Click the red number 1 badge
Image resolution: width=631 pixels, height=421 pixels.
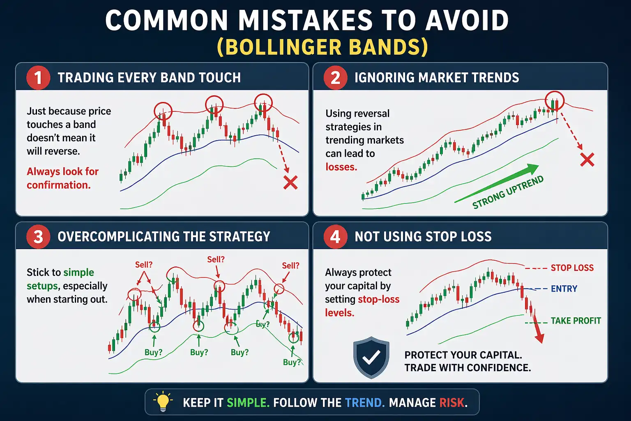(x=38, y=78)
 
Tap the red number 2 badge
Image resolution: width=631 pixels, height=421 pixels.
(x=335, y=78)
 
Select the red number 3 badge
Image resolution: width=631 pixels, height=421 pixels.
(x=38, y=237)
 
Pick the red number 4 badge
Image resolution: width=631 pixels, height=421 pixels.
(x=335, y=237)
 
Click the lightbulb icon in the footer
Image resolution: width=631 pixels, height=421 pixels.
(x=163, y=402)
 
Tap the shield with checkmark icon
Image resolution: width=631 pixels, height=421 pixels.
(x=371, y=357)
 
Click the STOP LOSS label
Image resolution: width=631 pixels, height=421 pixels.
(x=572, y=268)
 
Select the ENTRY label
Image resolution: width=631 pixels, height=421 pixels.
(x=564, y=289)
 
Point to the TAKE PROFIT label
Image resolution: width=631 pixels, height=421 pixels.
(x=576, y=321)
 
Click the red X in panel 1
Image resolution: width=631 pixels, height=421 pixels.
(x=290, y=183)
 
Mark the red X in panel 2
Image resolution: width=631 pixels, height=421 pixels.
(x=587, y=160)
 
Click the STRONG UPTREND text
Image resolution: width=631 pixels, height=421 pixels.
(x=508, y=192)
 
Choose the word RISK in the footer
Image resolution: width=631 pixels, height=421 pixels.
(x=452, y=402)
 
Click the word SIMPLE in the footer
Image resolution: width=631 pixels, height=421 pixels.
(x=248, y=402)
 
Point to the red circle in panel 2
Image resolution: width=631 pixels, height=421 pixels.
(x=555, y=100)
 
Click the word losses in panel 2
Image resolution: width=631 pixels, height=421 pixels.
(x=341, y=167)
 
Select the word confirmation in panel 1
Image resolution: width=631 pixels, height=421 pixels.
(x=58, y=185)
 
